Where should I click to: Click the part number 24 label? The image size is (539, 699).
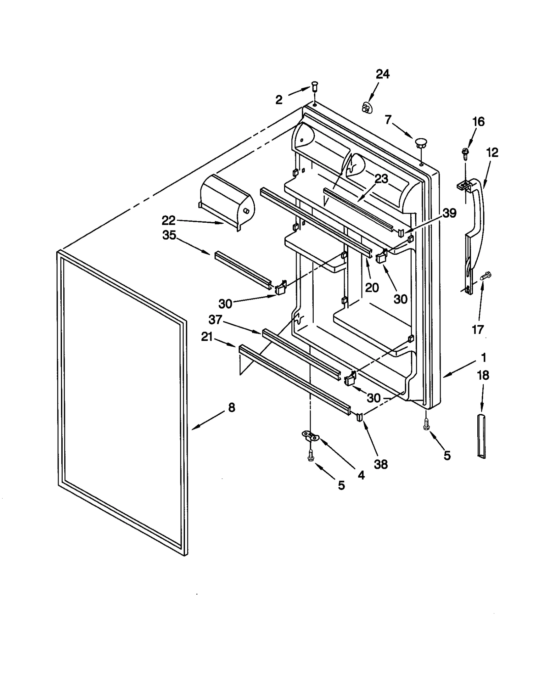coord(382,74)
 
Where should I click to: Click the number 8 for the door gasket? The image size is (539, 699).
coord(231,407)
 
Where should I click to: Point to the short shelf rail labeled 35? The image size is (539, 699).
coord(243,269)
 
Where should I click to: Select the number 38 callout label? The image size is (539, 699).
coord(381,464)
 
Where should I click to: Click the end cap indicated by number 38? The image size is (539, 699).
coord(359,417)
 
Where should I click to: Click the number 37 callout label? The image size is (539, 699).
coord(215,319)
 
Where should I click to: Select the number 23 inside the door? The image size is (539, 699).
coord(381,179)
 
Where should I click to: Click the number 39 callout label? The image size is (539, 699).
coord(449,213)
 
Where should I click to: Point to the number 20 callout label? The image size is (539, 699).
coord(372,287)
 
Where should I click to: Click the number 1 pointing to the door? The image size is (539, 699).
coord(483,357)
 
